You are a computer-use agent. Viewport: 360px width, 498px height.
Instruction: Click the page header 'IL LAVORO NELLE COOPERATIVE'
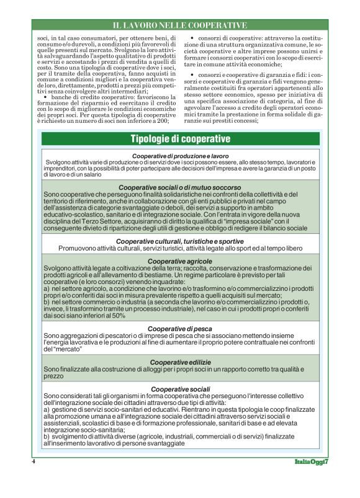tap(179, 25)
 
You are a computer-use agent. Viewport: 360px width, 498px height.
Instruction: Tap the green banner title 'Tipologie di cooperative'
tap(180, 138)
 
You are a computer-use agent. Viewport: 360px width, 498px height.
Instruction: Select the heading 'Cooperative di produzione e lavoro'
tap(181, 155)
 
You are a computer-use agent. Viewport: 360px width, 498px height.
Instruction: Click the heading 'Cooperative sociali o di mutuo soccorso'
tap(180, 187)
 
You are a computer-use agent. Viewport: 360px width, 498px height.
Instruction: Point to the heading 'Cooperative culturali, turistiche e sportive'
tap(180, 241)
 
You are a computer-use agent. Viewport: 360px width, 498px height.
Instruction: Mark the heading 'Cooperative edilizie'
tap(180, 361)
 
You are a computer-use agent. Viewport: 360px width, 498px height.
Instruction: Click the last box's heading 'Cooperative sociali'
tap(180, 389)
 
